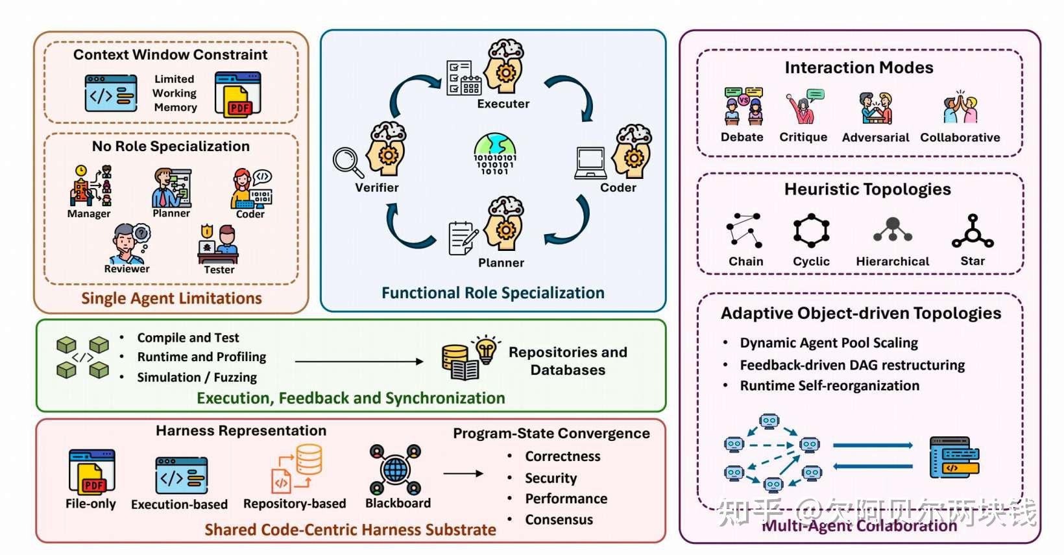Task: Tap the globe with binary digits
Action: pos(495,154)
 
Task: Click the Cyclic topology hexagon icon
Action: pos(811,230)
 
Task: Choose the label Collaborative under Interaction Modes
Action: pos(960,137)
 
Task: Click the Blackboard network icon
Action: pos(395,469)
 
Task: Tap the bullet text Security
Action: pos(551,478)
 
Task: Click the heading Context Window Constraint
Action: pos(170,54)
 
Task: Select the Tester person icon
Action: pos(219,244)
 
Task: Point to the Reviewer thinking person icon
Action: pos(130,244)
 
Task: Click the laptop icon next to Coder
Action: pos(590,163)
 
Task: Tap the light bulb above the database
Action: pos(485,349)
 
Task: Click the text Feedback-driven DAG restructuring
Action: pos(852,365)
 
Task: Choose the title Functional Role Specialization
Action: pos(493,292)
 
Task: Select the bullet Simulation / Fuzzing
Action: pos(197,377)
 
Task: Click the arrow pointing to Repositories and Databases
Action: pos(359,362)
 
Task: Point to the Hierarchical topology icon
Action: pos(893,230)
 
